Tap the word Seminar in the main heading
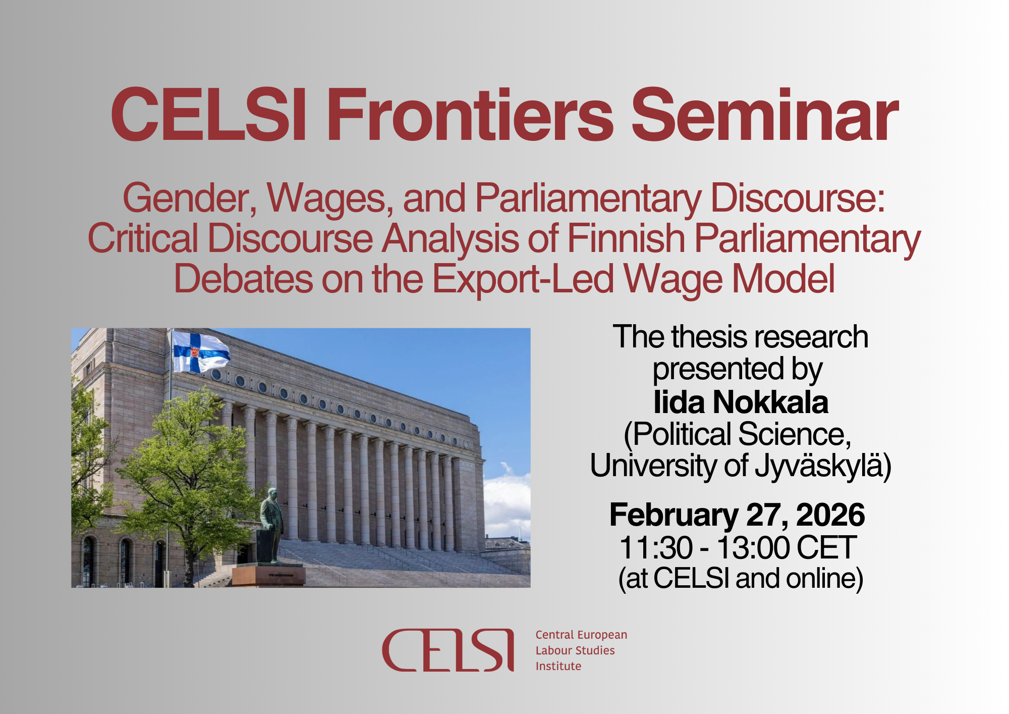(765, 115)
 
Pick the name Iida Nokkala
(741, 402)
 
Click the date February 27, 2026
(737, 515)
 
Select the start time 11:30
(655, 547)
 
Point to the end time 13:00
(753, 547)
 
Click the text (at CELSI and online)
(741, 579)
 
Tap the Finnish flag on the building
(201, 351)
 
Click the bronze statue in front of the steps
(271, 525)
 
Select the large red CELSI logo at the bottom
(448, 650)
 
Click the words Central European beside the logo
(581, 635)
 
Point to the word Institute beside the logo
(558, 666)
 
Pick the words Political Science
(737, 434)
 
